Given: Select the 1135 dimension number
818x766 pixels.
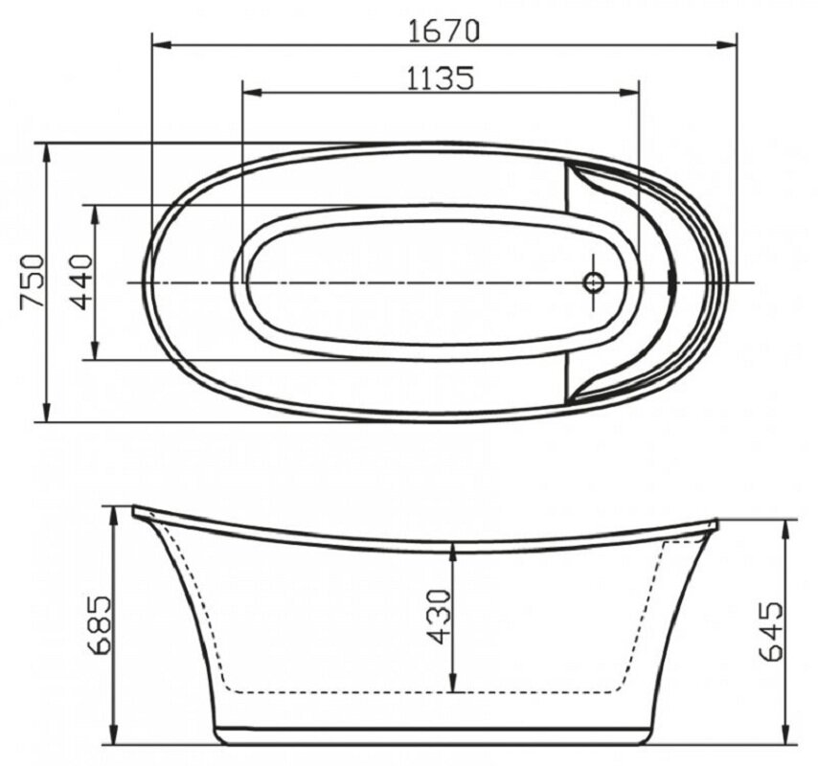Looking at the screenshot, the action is pos(441,79).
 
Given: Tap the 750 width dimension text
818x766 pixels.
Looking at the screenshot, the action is pos(32,282).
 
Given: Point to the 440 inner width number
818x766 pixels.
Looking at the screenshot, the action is pos(82,282).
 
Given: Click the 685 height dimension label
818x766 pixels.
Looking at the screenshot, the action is pos(99,624).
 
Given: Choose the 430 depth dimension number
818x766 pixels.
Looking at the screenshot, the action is pos(438,617).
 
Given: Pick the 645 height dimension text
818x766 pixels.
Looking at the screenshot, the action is pos(772,631).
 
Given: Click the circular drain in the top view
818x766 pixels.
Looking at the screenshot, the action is pos(594,282).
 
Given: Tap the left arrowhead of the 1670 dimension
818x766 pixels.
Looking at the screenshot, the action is pos(162,45).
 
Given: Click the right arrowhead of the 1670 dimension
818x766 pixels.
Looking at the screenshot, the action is pos(726,45).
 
